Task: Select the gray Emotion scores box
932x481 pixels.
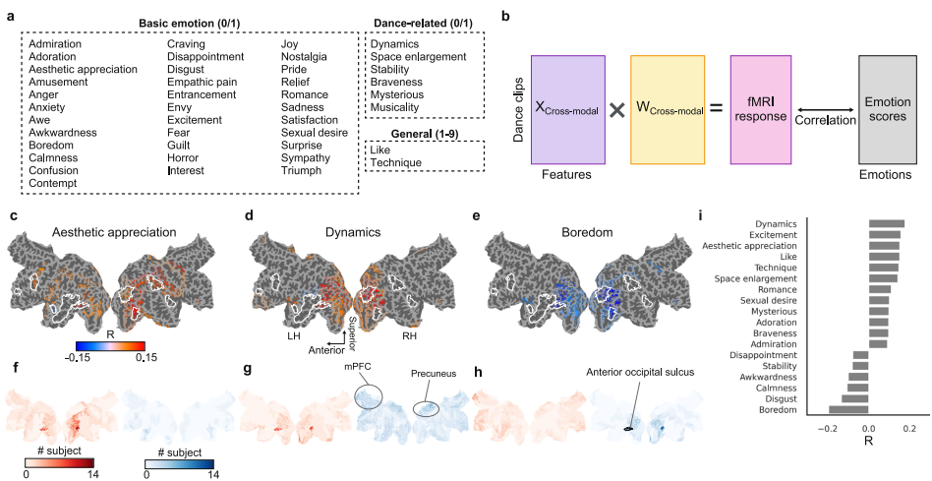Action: point(887,108)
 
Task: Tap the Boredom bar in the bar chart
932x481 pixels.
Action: point(848,409)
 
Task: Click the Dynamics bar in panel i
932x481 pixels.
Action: point(886,223)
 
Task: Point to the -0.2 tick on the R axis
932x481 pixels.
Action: point(828,430)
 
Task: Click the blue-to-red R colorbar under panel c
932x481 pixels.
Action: point(111,345)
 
